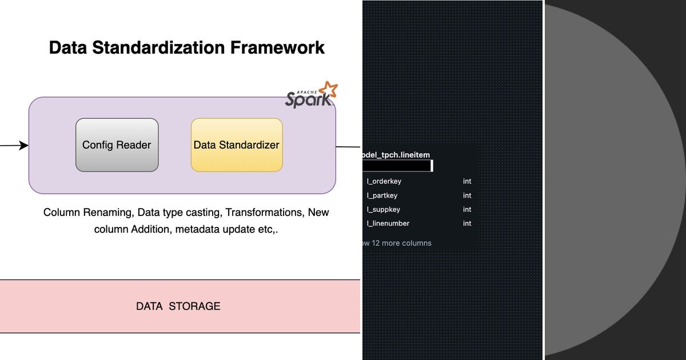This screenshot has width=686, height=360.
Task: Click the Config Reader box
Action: pyautogui.click(x=117, y=145)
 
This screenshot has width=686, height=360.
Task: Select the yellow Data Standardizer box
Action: pyautogui.click(x=237, y=145)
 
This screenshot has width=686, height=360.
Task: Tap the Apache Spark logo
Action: pyautogui.click(x=311, y=95)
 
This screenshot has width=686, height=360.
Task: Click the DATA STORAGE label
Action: pyautogui.click(x=178, y=306)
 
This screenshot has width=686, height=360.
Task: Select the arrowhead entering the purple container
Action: pyautogui.click(x=23, y=146)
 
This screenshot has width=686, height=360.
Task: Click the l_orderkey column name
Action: pyautogui.click(x=384, y=181)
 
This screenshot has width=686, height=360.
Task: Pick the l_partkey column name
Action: pyautogui.click(x=382, y=195)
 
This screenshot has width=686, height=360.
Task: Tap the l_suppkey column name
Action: pyautogui.click(x=382, y=210)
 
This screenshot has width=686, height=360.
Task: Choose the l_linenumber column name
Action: pyautogui.click(x=388, y=223)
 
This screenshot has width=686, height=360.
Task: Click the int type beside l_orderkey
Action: pyautogui.click(x=467, y=181)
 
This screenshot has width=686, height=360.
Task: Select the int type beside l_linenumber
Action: pyautogui.click(x=467, y=223)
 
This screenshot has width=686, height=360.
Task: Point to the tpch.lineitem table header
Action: pyautogui.click(x=396, y=155)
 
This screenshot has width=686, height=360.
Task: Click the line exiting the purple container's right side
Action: pyautogui.click(x=348, y=146)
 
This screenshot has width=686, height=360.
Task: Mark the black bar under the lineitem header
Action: pyautogui.click(x=397, y=166)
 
